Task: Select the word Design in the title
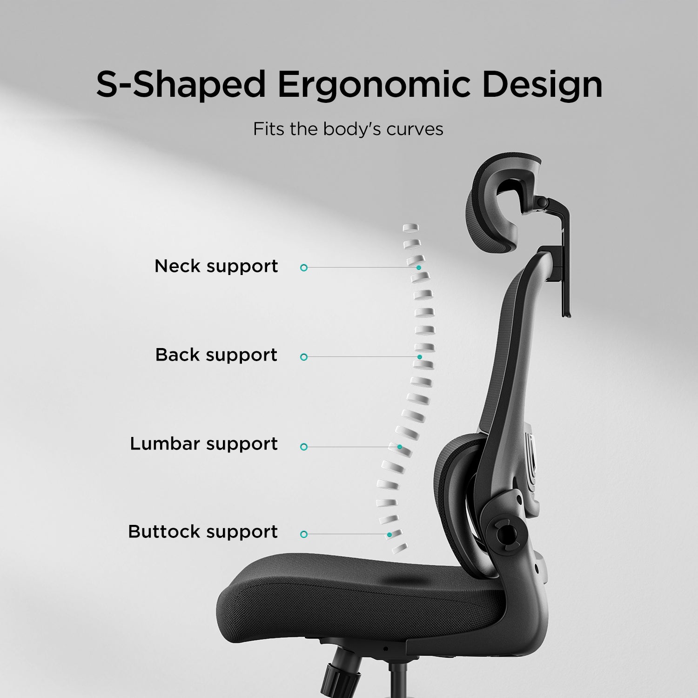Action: pos(542,85)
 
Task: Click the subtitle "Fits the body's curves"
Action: pos(348,129)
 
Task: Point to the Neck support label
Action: pos(216,266)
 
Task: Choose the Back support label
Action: pos(216,355)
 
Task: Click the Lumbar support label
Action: pos(204,444)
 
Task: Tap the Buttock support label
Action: pos(203,532)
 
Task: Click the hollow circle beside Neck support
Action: pos(304,268)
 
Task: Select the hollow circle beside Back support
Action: pos(304,357)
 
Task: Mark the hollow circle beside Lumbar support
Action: pos(304,447)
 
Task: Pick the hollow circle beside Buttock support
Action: pos(304,534)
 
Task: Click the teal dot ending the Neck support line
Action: pos(419,268)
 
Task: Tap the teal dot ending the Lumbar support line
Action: pos(400,447)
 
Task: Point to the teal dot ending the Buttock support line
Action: pos(389,535)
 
